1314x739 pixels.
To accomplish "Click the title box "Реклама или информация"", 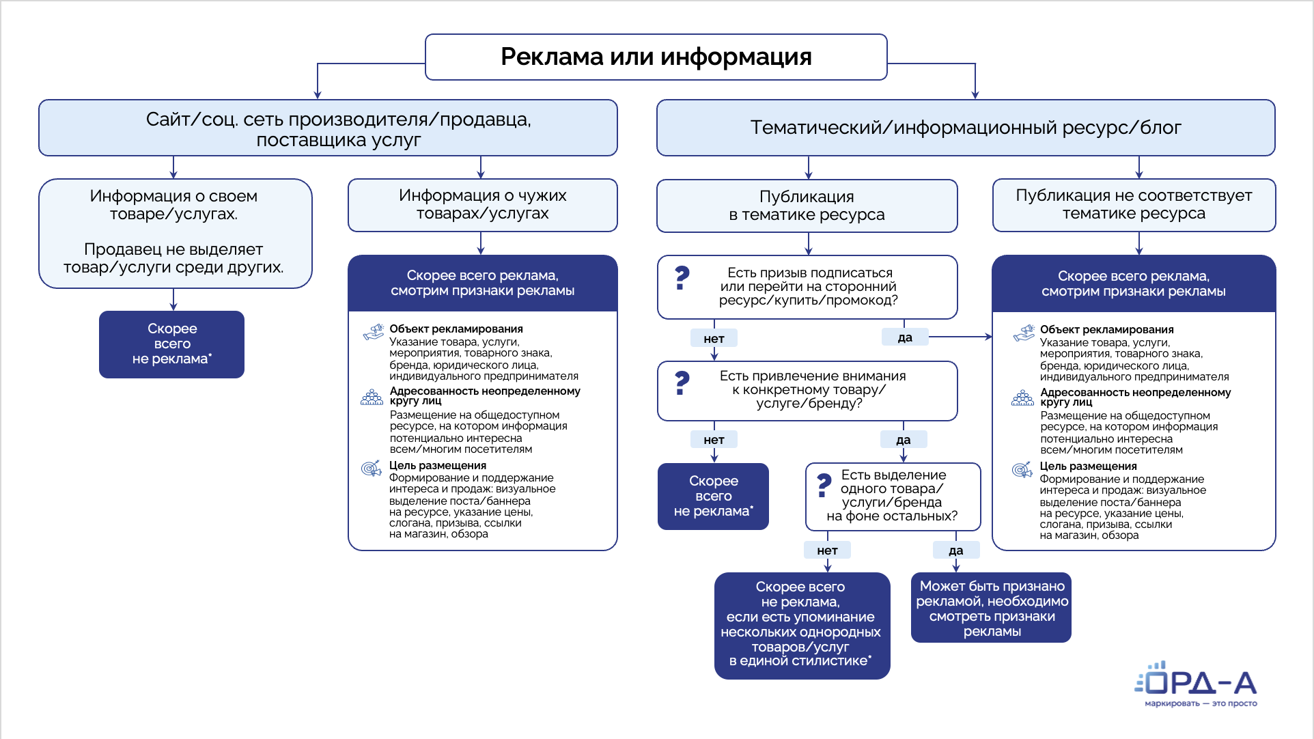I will click(656, 57).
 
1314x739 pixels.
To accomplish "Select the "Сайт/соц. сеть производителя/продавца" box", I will click(328, 128).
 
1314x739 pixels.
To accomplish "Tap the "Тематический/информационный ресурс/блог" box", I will click(965, 128).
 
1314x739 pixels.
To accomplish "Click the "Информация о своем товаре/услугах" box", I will click(175, 233).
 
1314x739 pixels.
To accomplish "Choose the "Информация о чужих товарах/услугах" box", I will click(482, 205).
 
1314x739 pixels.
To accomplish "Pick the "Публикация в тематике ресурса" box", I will click(807, 206).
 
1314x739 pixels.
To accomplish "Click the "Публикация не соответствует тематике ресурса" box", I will click(1134, 205).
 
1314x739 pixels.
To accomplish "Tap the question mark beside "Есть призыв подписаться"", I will click(682, 278).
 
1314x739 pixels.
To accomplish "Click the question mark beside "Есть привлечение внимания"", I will click(682, 383).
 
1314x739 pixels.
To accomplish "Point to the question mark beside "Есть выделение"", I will click(824, 485).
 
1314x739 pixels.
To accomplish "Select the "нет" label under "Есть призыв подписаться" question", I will click(714, 338).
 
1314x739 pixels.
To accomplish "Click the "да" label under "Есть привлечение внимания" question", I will click(903, 440).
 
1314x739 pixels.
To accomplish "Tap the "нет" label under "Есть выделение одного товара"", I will click(827, 550).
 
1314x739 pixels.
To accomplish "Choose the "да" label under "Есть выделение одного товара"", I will click(955, 550).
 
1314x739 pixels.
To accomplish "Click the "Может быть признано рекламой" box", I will click(991, 608).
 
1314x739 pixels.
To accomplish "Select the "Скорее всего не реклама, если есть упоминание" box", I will click(802, 625).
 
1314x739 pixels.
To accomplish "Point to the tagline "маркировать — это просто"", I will click(1201, 703).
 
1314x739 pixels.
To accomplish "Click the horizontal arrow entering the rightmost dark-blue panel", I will click(960, 337).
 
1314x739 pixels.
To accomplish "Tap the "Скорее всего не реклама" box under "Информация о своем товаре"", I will click(171, 344).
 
